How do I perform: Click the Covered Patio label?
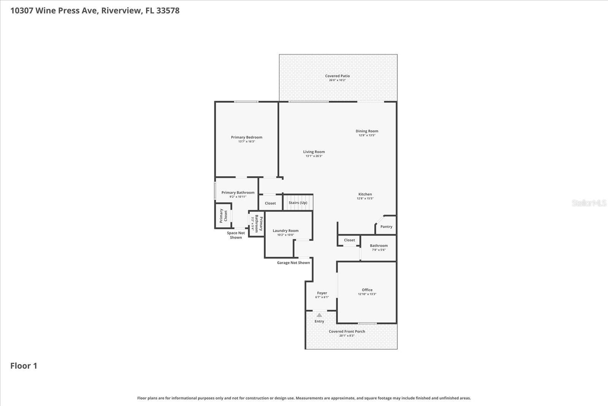[x=337, y=76]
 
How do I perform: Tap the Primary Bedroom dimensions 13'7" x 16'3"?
[x=246, y=142]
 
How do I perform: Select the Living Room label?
[x=314, y=152]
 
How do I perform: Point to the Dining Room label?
[x=367, y=131]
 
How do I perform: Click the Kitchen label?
[x=365, y=194]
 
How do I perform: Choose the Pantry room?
[x=386, y=226]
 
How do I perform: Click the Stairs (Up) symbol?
[x=298, y=203]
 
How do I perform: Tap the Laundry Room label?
[x=285, y=231]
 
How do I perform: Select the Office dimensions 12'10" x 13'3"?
[x=367, y=294]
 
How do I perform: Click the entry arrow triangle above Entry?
[x=319, y=315]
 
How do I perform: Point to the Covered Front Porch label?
[x=347, y=331]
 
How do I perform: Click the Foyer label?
[x=322, y=293]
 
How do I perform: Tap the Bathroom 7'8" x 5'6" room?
[x=378, y=247]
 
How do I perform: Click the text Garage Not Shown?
[x=293, y=263]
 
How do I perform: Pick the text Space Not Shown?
[x=236, y=235]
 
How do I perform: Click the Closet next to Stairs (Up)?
[x=270, y=203]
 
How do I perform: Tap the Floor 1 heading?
[x=24, y=366]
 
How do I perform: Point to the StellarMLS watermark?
[x=589, y=203]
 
